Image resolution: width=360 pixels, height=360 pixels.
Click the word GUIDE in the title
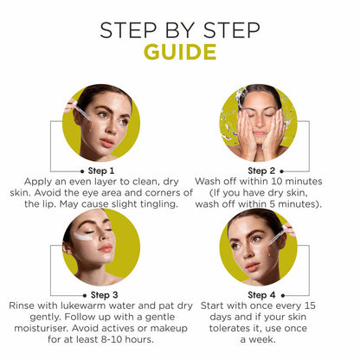180,52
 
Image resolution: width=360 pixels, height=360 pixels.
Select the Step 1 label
101,170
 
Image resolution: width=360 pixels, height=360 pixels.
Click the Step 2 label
261,170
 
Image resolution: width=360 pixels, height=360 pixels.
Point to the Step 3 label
104,295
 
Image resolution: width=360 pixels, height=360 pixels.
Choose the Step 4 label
261,295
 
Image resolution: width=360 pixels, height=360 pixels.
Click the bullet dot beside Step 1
82,171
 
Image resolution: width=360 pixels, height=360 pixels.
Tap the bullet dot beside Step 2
282,171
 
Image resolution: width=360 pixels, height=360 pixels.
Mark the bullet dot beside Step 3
85,296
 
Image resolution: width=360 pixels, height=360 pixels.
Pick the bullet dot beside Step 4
283,296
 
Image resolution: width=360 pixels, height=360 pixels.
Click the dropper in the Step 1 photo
81,112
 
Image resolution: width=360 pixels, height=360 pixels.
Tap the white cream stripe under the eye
83,236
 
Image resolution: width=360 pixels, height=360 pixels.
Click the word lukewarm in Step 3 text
82,305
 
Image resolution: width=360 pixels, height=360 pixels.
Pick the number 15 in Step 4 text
309,305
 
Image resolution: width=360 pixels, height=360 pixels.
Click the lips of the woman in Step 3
106,248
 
